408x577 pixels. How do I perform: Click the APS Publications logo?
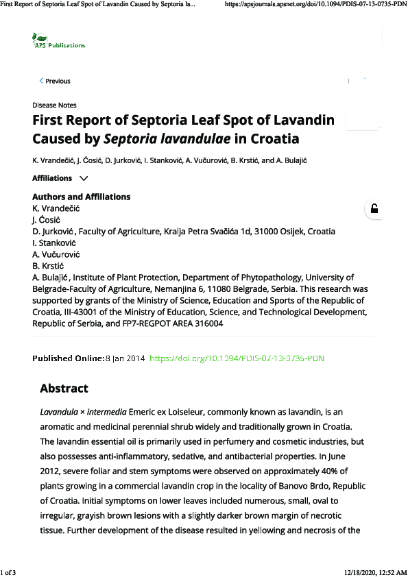(x=59, y=41)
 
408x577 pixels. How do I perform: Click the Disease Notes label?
(x=54, y=105)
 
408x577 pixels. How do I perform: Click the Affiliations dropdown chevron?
(x=84, y=178)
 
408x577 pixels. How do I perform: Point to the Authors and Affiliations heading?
(x=81, y=197)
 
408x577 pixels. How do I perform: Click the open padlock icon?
(x=374, y=209)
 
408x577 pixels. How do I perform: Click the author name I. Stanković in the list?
(x=54, y=243)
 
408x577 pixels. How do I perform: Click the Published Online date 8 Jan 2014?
(x=124, y=358)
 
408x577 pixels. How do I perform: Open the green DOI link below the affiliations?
(x=237, y=358)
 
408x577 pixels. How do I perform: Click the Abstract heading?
(x=64, y=389)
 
